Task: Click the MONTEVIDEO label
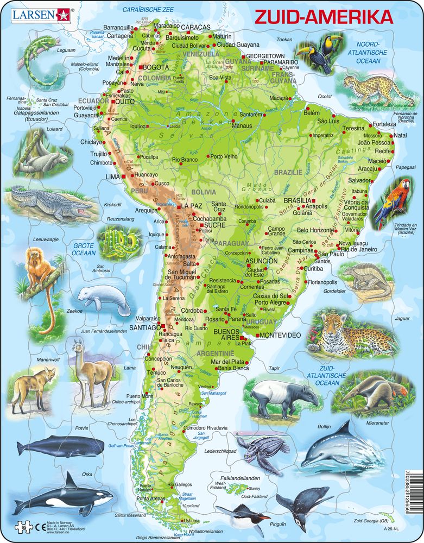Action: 281,335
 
